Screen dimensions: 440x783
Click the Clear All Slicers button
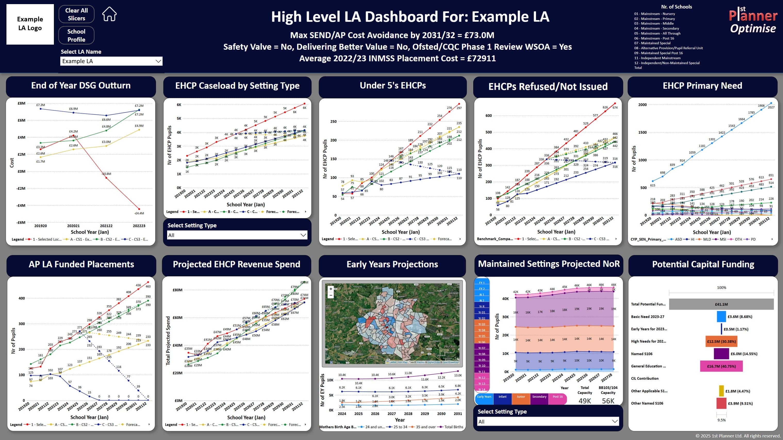click(76, 14)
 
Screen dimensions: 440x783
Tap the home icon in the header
click(109, 14)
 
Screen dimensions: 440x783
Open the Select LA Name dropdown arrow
click(158, 61)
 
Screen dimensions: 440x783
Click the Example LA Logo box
click(30, 24)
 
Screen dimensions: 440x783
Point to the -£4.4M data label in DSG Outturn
click(139, 213)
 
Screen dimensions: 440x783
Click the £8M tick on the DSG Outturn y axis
click(21, 103)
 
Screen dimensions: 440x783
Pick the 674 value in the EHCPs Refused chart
click(615, 107)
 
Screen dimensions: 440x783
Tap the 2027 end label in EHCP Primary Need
click(771, 107)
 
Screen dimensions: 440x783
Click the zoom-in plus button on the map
click(331, 289)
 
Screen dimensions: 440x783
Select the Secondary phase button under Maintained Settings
click(539, 397)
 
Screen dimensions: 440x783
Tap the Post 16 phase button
click(557, 397)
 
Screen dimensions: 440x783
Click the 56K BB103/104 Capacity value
click(608, 401)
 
